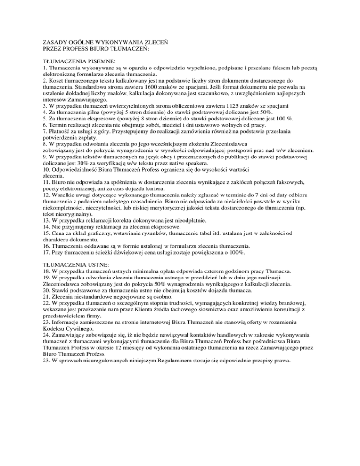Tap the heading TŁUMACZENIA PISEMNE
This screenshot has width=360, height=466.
tap(75, 61)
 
